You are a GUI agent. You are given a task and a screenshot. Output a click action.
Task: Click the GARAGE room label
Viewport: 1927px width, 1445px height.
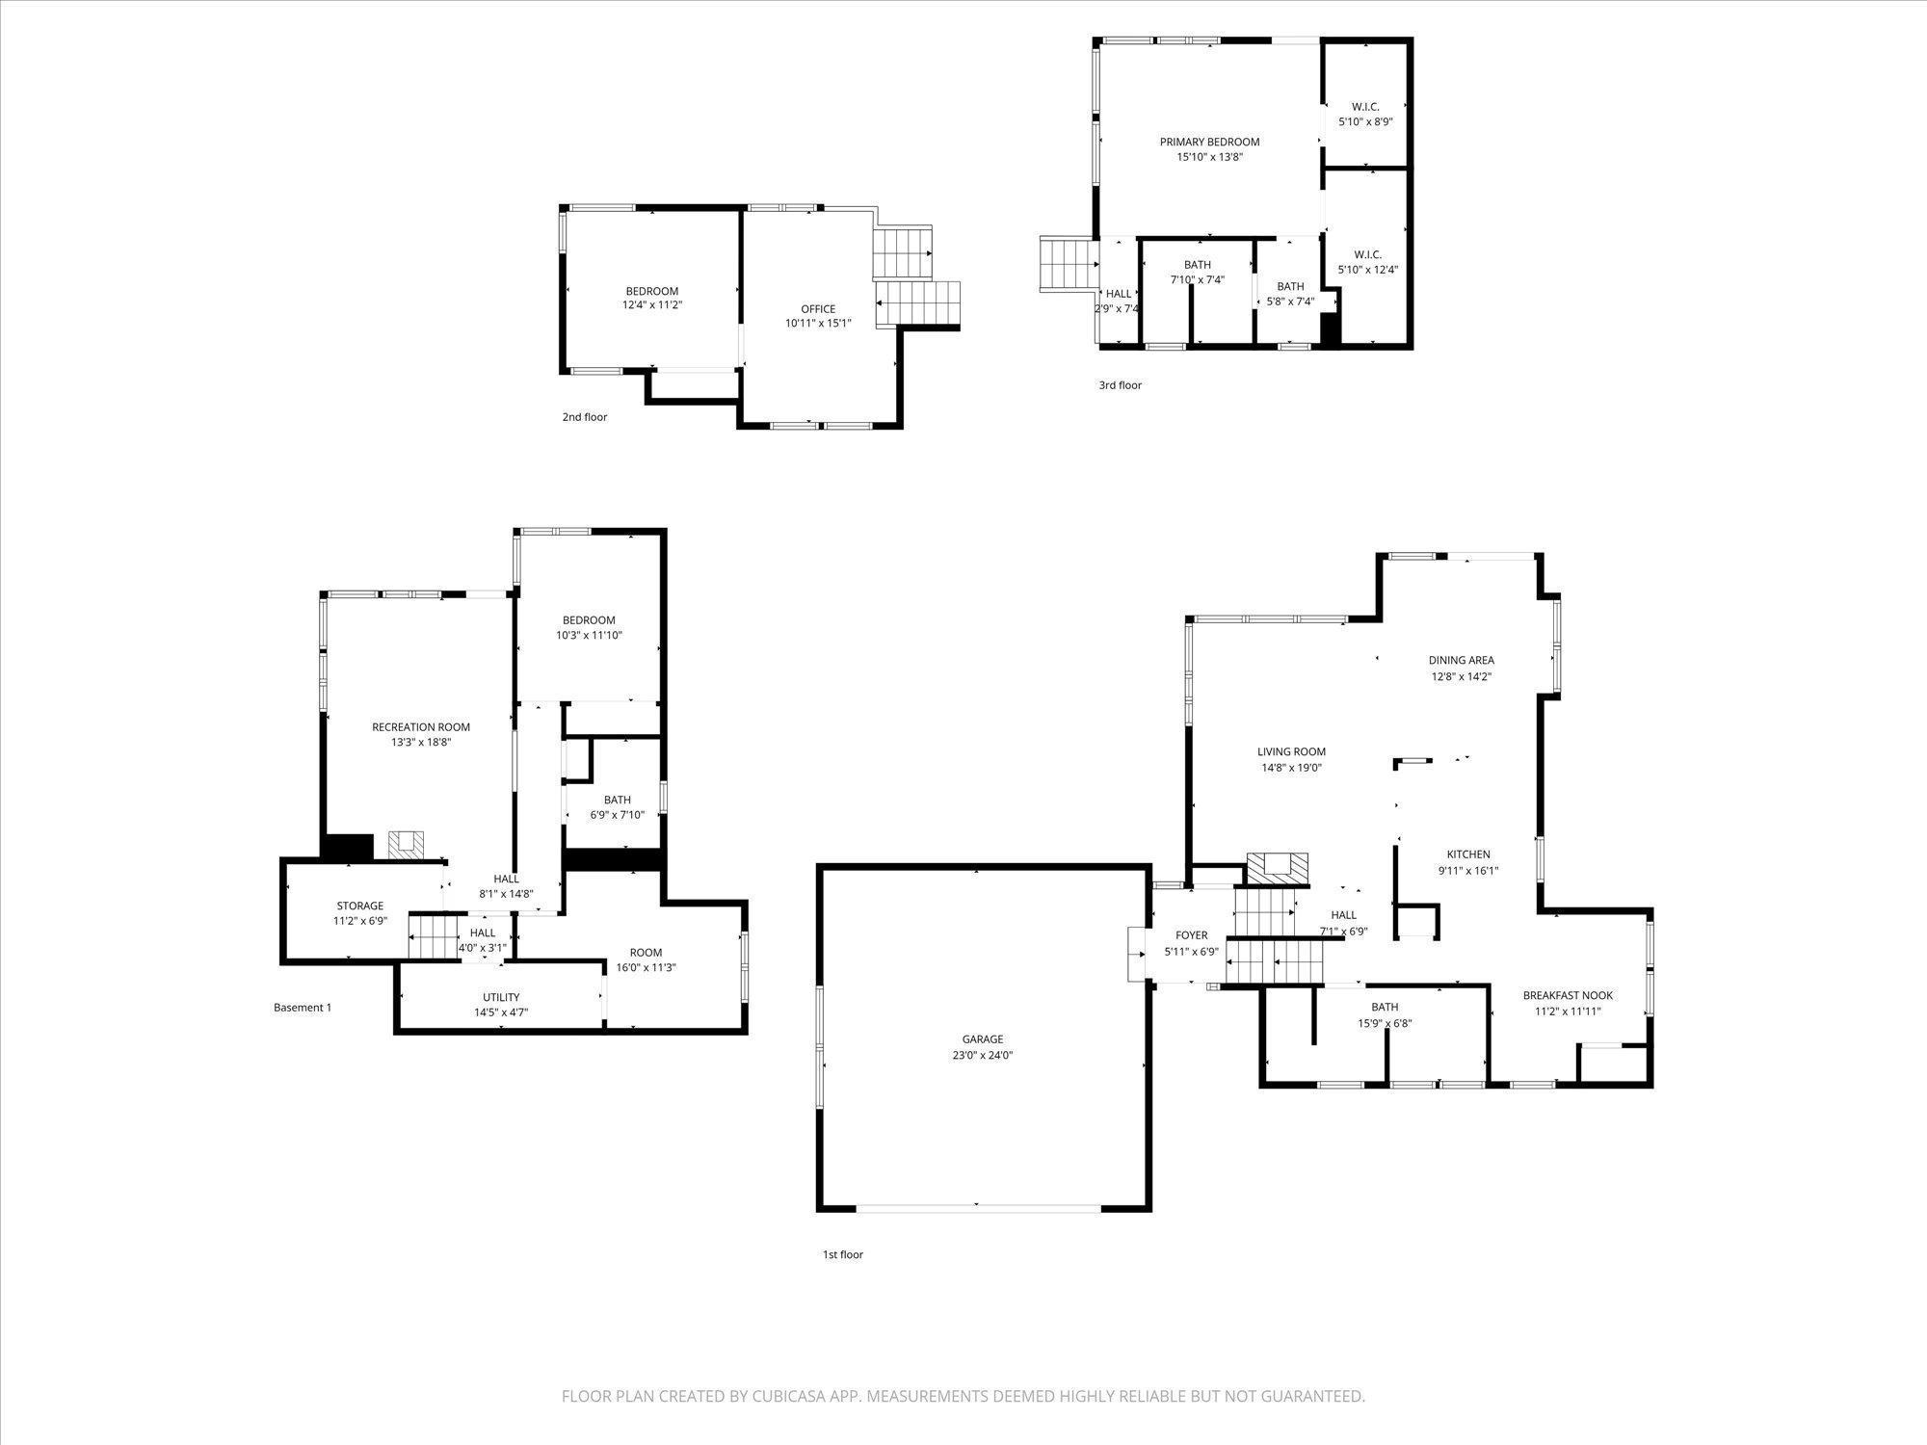[983, 1039]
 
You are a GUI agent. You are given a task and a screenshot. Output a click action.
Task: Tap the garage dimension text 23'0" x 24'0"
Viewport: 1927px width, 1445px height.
[983, 1055]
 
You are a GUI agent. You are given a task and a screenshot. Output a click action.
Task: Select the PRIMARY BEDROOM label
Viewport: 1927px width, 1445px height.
[1209, 142]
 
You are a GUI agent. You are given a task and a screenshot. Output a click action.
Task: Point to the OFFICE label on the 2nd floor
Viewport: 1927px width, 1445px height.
[818, 309]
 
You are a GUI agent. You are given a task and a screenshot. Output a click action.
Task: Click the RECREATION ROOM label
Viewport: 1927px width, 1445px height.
[421, 727]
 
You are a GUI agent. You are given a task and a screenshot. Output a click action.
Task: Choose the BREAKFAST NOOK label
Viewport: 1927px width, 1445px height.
[1568, 996]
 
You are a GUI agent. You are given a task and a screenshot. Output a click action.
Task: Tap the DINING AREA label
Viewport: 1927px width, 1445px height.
[1461, 661]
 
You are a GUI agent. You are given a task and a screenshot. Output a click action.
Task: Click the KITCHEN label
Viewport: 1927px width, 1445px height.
[1468, 854]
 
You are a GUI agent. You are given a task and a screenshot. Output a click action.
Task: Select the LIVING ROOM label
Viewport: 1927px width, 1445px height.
[1291, 752]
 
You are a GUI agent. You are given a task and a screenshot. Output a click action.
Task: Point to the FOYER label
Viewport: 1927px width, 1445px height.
[1192, 935]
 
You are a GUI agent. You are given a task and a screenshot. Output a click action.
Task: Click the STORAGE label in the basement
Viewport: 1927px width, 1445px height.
[360, 906]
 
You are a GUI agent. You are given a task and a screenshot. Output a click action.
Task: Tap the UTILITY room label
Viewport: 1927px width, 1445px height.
[501, 997]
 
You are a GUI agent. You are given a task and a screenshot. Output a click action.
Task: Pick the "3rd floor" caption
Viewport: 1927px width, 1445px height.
[1121, 385]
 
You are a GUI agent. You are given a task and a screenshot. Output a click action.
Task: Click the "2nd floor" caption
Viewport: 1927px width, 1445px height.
[585, 417]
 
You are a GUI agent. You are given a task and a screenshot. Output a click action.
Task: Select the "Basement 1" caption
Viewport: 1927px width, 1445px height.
[303, 1008]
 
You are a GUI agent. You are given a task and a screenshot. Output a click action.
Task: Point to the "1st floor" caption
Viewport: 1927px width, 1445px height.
[843, 1254]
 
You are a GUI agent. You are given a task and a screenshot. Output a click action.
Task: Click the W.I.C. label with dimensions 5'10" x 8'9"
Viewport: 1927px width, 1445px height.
[1365, 107]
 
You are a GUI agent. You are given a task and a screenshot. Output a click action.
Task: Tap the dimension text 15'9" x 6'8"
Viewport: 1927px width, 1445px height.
[1385, 1024]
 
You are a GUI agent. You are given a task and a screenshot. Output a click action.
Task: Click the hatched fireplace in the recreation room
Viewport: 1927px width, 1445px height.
[405, 844]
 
